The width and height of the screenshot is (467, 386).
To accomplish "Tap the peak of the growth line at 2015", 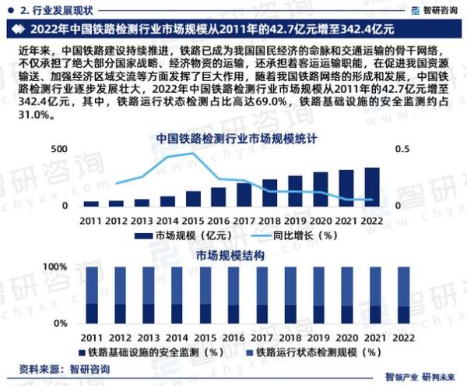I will coord(192,154).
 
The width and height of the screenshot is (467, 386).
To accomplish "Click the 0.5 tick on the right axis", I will coord(402,149).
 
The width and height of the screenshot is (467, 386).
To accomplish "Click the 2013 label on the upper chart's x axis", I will coord(142,221).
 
